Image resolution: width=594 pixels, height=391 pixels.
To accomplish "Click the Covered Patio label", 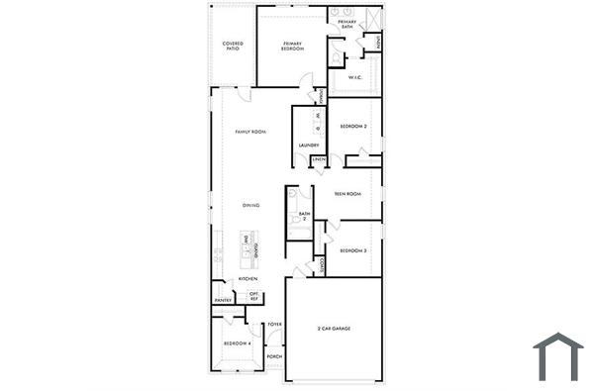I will click(233, 46).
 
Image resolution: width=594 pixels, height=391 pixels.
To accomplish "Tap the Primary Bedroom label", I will click(292, 46).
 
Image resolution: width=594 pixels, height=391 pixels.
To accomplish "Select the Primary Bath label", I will click(346, 24).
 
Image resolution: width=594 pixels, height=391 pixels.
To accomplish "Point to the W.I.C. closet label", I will click(353, 77).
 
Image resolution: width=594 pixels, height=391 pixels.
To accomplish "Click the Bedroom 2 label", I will click(353, 127).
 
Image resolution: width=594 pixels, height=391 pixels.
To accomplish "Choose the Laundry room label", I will click(308, 146).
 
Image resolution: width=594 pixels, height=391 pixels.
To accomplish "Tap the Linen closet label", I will click(319, 159).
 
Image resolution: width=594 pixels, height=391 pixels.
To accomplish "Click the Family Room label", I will click(250, 132).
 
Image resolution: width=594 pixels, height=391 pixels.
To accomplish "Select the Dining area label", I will click(251, 205).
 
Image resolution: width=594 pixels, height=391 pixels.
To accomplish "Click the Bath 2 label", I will click(304, 216).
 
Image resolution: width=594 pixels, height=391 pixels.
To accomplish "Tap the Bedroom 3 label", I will click(353, 250).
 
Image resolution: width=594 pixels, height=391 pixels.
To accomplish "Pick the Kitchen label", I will click(247, 279).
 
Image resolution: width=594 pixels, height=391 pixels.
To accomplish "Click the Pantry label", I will click(223, 299).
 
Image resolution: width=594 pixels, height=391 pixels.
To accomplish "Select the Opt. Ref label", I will click(254, 296).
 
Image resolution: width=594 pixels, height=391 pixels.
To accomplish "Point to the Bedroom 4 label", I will click(237, 342).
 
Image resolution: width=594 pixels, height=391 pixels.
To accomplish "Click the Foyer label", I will click(275, 325).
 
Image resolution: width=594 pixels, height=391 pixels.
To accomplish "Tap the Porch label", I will click(274, 356).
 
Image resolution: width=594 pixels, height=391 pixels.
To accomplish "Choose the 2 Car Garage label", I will click(334, 329).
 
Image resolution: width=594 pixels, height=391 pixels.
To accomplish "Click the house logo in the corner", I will click(557, 356).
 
